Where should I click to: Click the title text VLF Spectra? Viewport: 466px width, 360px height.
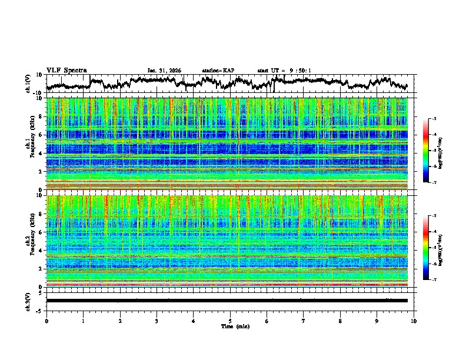coord(66,70)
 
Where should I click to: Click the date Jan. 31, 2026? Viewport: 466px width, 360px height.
coord(164,71)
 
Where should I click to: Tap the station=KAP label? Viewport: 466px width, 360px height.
coord(218,71)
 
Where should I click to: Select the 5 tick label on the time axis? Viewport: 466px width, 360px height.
coord(230,321)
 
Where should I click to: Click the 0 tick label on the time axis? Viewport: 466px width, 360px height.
coord(46,321)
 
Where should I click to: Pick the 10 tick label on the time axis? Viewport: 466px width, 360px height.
coord(414,321)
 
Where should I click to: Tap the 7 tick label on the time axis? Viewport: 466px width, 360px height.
coord(304,321)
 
